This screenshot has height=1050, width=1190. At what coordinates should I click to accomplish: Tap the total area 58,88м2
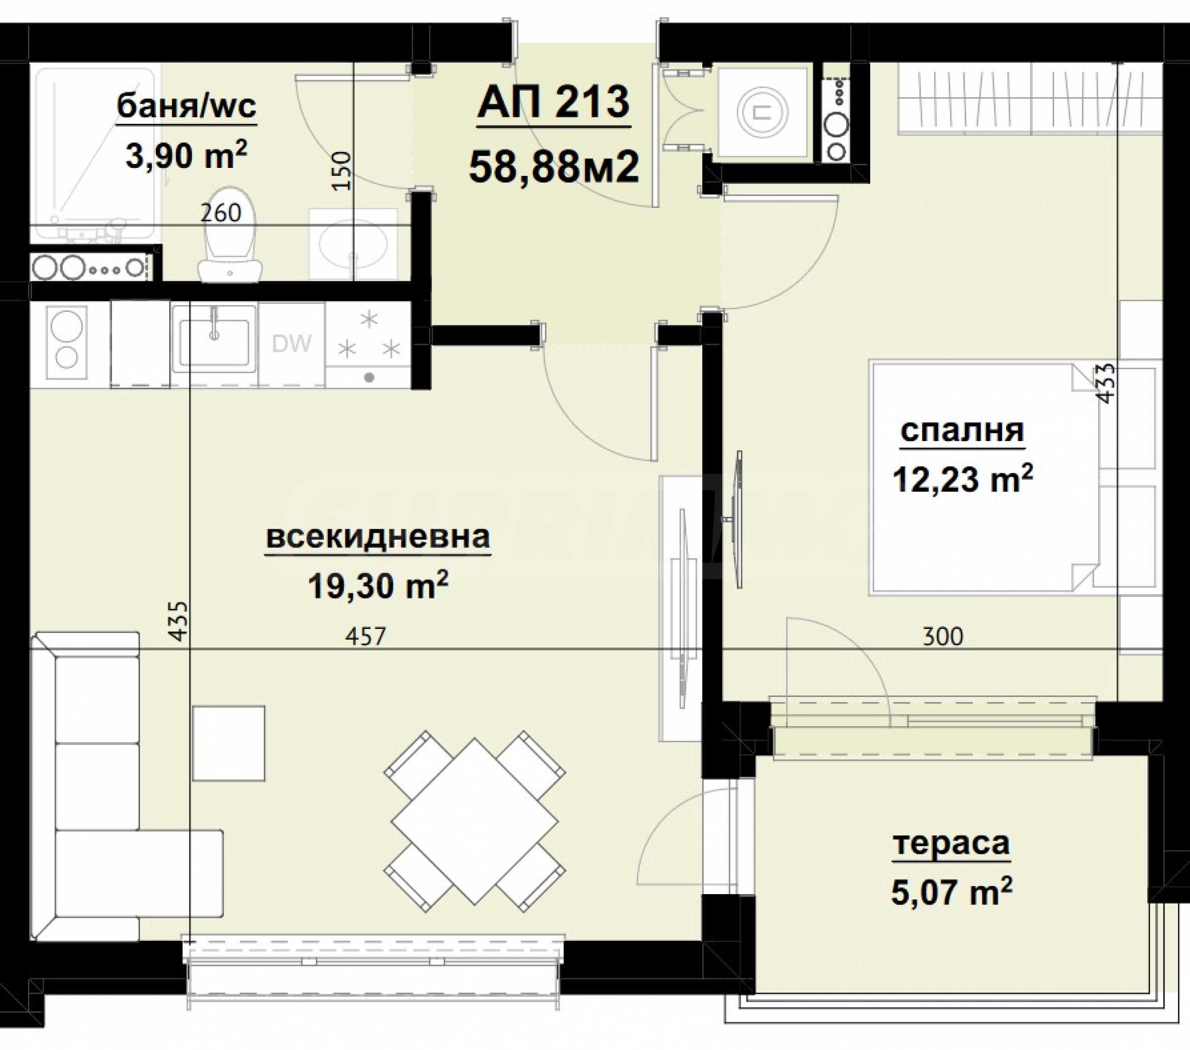[554, 167]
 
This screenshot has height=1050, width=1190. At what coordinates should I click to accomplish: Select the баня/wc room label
[186, 107]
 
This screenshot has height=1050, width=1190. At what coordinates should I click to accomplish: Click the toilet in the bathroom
[230, 235]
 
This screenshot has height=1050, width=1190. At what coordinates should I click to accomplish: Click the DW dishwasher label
[292, 343]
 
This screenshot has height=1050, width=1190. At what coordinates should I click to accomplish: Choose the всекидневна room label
[378, 537]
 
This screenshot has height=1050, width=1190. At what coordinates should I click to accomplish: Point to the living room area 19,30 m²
[378, 584]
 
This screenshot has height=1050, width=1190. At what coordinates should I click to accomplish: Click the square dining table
[475, 821]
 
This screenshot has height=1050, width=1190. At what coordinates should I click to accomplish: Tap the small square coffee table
[229, 743]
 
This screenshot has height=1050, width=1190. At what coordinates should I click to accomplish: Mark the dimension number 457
[365, 636]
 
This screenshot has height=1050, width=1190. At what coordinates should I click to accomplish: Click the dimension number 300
[943, 636]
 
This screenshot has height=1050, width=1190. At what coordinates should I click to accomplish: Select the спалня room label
[962, 431]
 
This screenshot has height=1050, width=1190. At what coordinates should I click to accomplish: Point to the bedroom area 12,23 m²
[962, 479]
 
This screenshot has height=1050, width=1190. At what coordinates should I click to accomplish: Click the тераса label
[951, 844]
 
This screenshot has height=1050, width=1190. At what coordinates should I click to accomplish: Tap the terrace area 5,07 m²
[951, 891]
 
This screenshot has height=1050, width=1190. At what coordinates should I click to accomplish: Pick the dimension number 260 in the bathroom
[221, 213]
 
